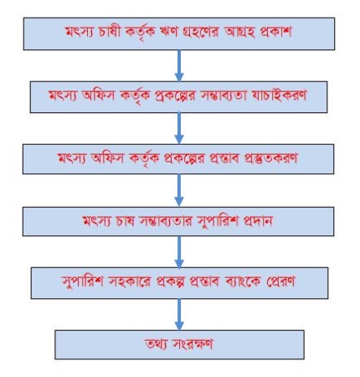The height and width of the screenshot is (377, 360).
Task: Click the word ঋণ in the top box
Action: [167, 32]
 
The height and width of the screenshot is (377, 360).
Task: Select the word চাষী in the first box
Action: [110, 31]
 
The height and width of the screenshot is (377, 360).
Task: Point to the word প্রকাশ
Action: [275, 32]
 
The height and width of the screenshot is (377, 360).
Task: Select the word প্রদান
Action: [257, 221]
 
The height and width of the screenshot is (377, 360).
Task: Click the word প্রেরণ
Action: [280, 281]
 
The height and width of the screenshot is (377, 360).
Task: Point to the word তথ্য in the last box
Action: [156, 344]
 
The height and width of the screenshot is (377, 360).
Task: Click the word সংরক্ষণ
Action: [192, 344]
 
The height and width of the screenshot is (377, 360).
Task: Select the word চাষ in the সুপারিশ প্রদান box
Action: [123, 221]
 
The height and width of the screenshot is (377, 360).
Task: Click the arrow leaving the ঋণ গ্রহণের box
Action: [179, 65]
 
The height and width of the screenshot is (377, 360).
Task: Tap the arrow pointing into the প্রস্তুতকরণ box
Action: [179, 128]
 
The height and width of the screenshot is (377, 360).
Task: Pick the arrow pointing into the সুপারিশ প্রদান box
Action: [179, 190]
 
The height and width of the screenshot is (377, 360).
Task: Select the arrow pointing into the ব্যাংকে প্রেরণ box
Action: [179, 252]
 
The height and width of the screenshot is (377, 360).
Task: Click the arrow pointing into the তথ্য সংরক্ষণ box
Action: [179, 314]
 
